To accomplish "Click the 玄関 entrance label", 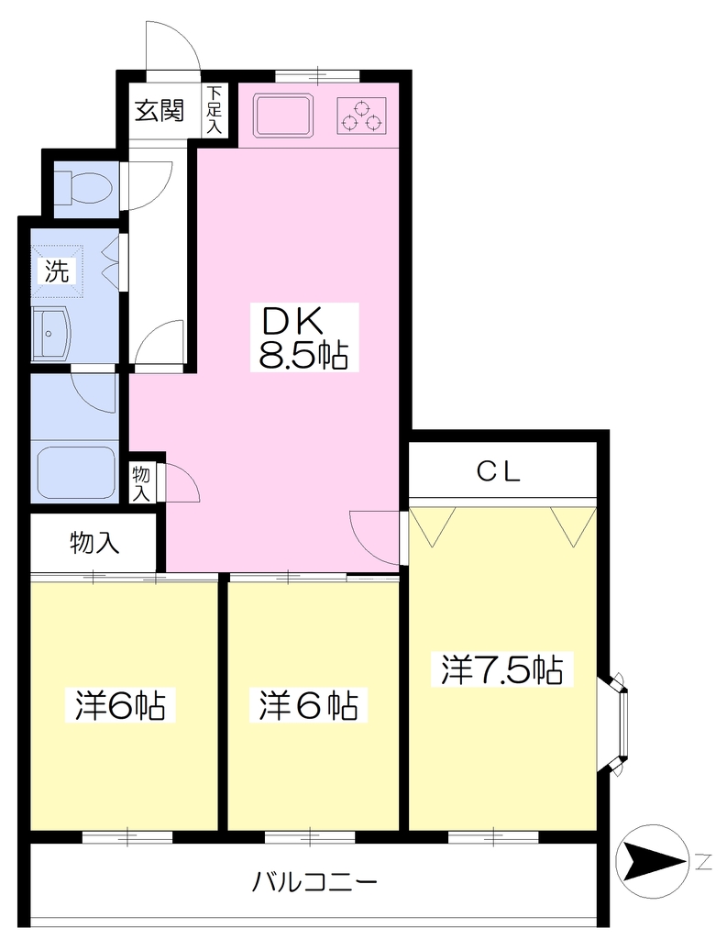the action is (x=159, y=110).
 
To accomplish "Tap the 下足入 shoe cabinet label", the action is (x=214, y=110).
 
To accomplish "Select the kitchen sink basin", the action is (x=282, y=114).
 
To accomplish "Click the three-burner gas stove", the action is (x=361, y=116).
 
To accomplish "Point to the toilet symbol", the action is (x=84, y=187).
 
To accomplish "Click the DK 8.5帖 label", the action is (x=303, y=337).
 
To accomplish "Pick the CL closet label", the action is (x=499, y=472).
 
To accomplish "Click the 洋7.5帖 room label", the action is (x=501, y=669).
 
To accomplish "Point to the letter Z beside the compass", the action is (x=704, y=862).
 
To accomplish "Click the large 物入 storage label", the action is (x=94, y=543).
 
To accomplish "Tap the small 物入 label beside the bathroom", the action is (x=141, y=483).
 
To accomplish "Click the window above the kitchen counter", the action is (x=317, y=76).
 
